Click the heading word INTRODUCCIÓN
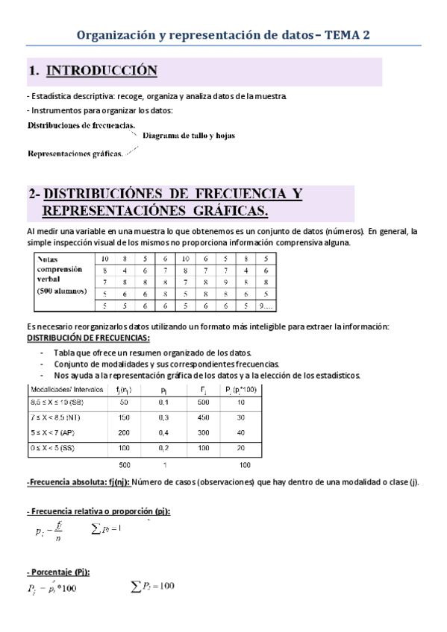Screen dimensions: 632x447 coord(101,72)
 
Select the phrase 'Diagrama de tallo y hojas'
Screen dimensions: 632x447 coord(184,136)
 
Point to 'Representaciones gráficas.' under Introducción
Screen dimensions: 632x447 coord(75,154)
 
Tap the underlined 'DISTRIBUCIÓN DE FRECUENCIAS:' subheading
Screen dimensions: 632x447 coord(87,337)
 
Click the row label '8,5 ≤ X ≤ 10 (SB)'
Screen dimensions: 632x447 coord(61,402)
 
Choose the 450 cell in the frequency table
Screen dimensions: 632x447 coord(204,417)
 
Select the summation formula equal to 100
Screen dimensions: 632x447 coord(154,586)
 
